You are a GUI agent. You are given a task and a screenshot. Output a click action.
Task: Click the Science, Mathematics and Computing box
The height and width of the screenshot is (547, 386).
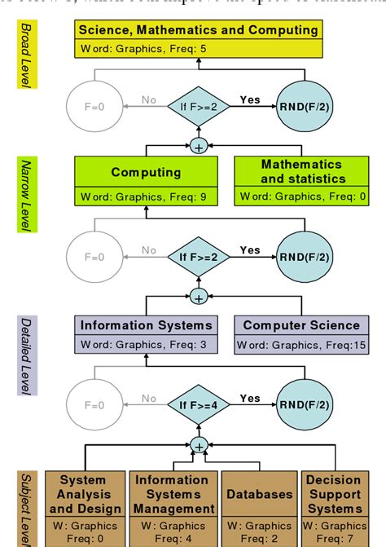[199, 38]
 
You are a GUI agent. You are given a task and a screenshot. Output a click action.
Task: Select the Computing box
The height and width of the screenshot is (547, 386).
[146, 181]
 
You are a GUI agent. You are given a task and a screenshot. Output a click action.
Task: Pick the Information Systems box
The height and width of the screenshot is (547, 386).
[146, 334]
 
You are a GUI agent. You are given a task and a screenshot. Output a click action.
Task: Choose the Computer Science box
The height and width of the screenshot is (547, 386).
[300, 334]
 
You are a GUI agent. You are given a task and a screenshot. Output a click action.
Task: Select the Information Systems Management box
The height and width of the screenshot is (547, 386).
[174, 505]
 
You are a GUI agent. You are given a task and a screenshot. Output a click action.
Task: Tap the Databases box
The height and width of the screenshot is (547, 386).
[259, 505]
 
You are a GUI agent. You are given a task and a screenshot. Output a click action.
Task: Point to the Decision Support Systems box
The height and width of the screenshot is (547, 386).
[334, 505]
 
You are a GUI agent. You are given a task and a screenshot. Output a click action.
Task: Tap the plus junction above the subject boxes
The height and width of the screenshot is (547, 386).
[199, 446]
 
